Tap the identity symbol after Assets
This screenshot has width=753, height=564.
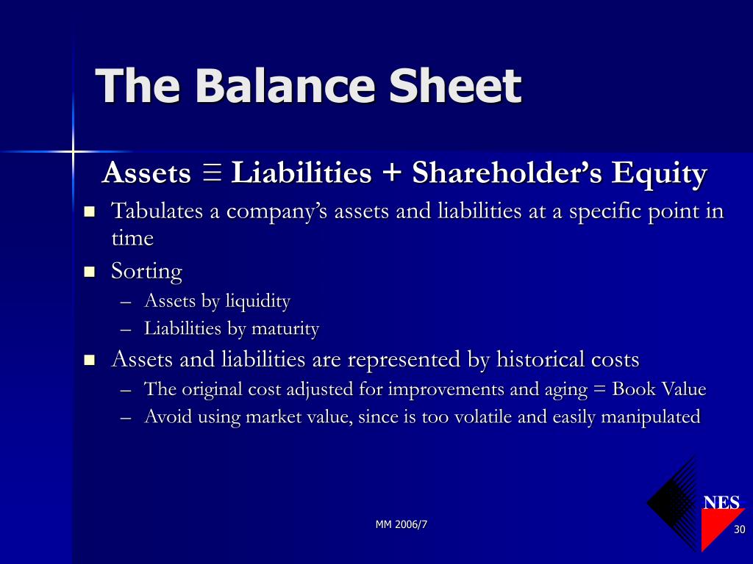coord(212,172)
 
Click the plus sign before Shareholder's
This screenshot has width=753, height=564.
coord(392,172)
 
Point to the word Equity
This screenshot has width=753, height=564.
coord(660,173)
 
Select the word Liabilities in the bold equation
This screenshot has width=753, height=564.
coord(301,172)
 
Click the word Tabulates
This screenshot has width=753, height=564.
coord(157,211)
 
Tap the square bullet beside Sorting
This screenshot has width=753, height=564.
coord(89,272)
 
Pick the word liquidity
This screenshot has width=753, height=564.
coord(258,302)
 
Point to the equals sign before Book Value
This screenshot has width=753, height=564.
coord(599,388)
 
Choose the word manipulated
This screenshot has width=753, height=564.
coord(651,417)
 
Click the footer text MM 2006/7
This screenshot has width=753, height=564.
coord(401,524)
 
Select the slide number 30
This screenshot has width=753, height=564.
coord(740,529)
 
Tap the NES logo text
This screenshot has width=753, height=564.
coord(721,502)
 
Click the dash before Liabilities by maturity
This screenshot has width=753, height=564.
coord(126,330)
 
